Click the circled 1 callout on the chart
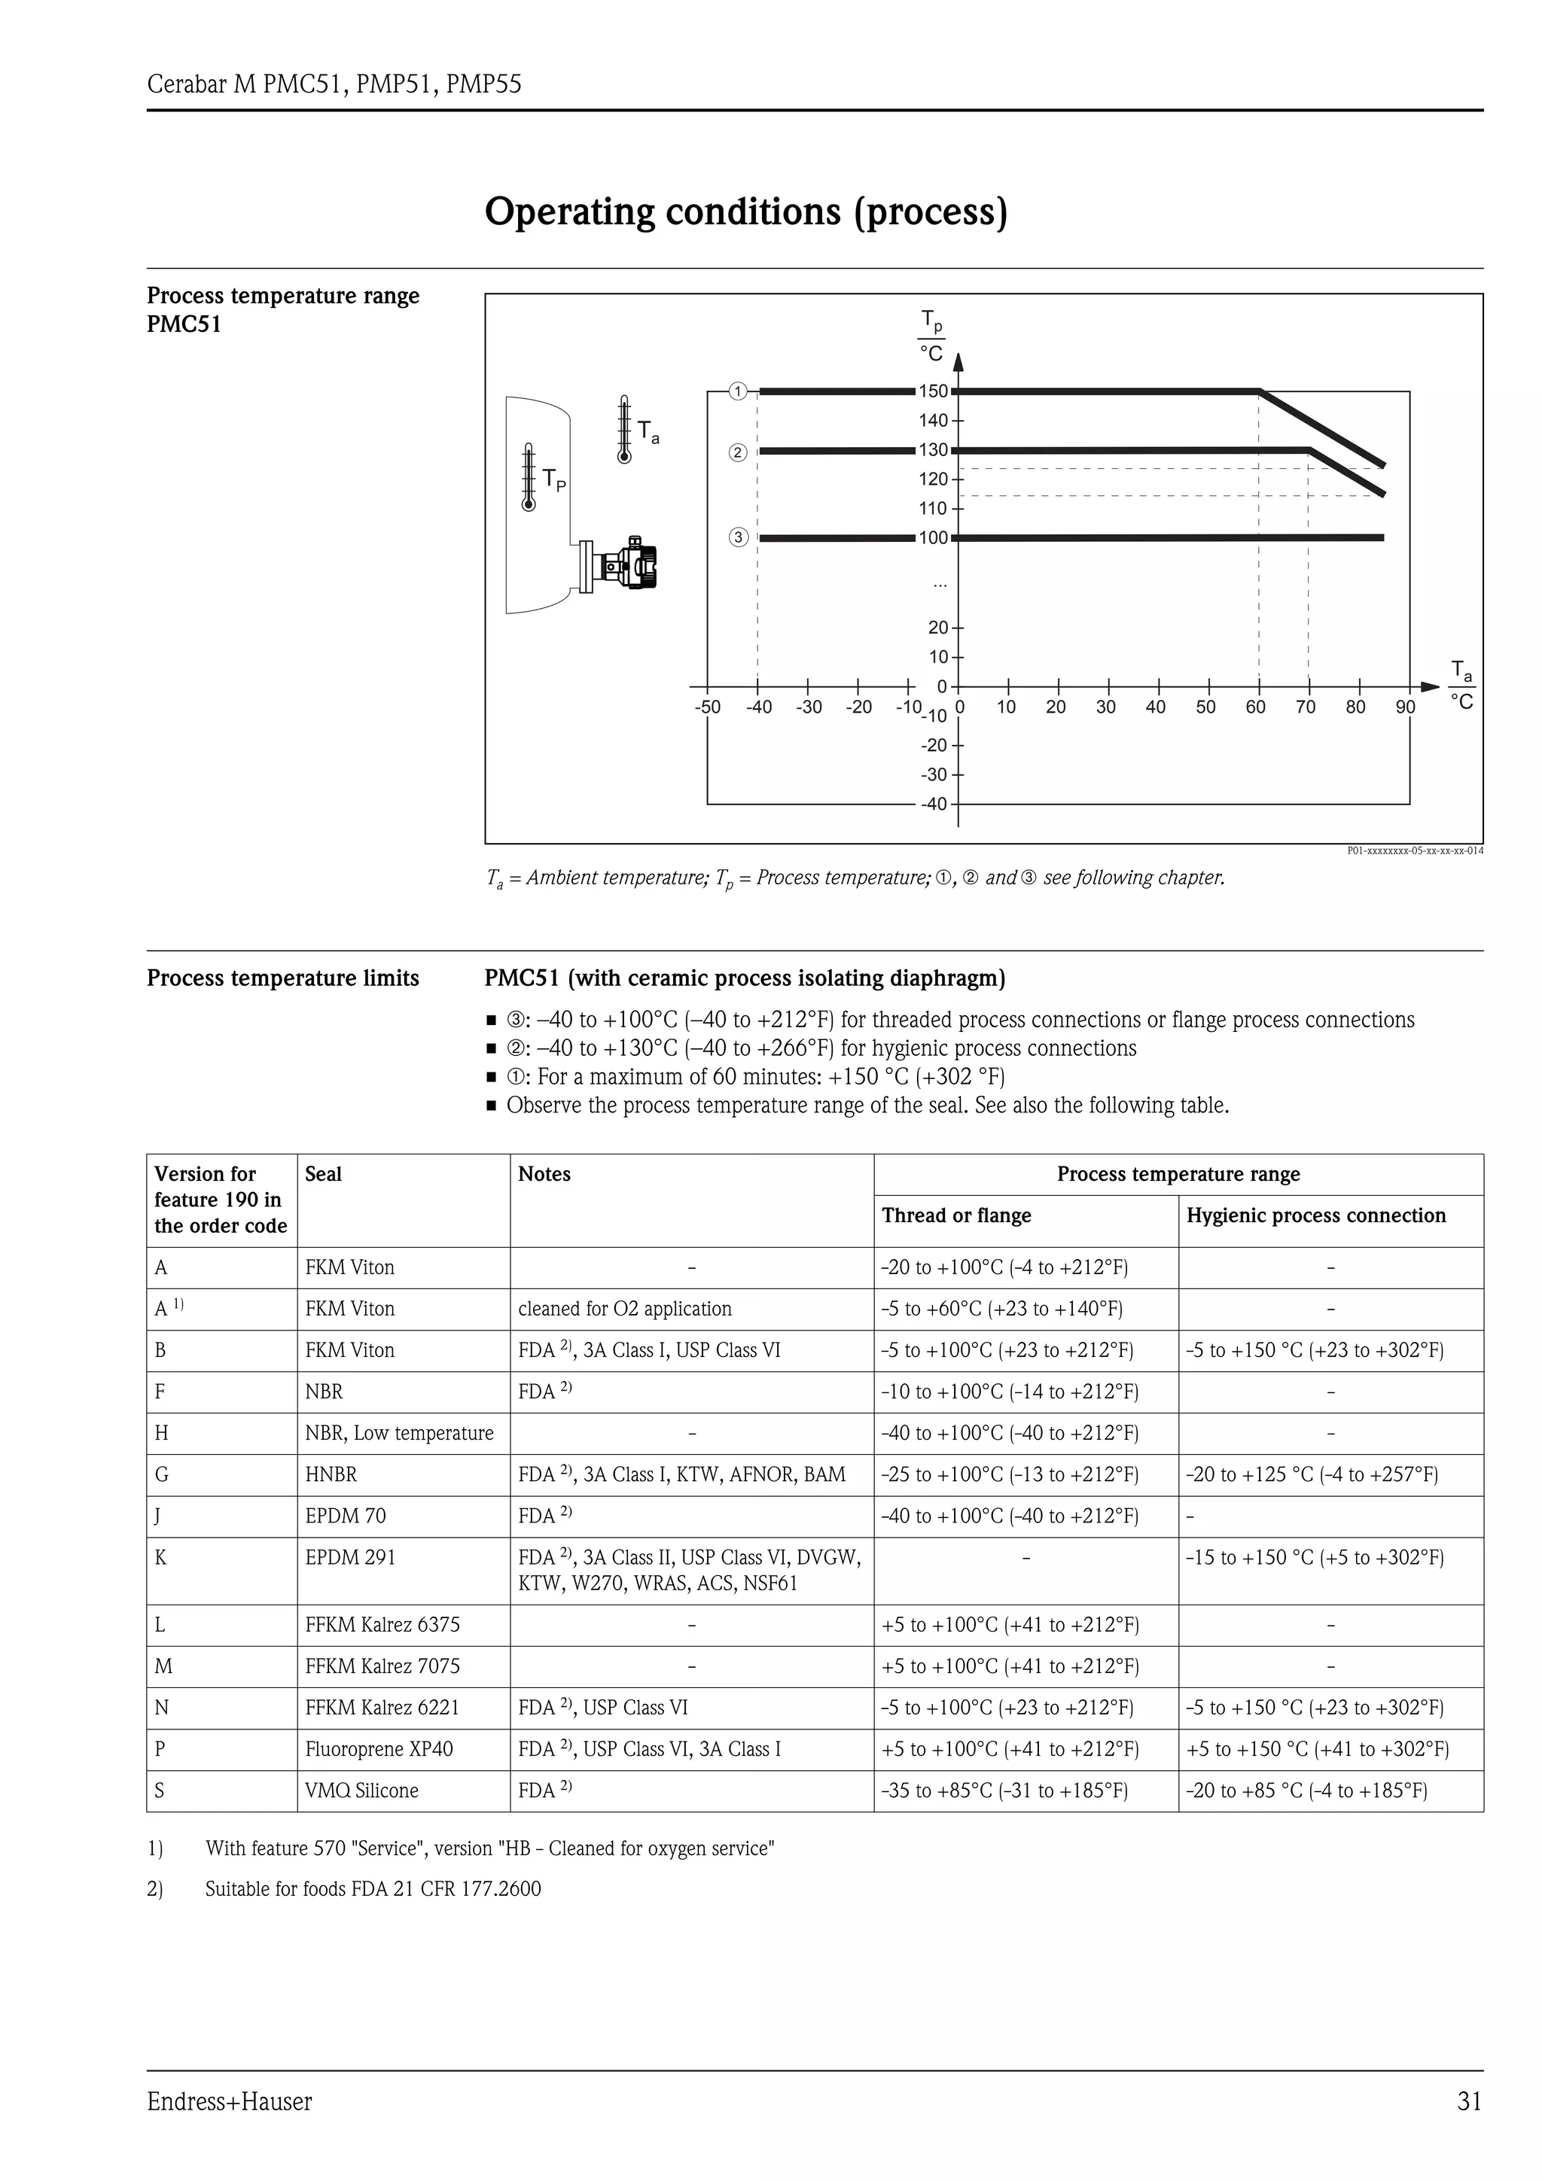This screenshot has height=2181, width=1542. pyautogui.click(x=737, y=391)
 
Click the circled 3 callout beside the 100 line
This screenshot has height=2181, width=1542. pyautogui.click(x=738, y=537)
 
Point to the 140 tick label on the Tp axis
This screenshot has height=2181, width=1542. pyautogui.click(x=933, y=421)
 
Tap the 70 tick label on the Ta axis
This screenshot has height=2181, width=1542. pyautogui.click(x=1306, y=707)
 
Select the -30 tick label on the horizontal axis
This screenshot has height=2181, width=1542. pyautogui.click(x=809, y=707)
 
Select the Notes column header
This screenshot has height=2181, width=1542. pyautogui.click(x=544, y=1174)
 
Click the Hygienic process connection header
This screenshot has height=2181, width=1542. pyautogui.click(x=1316, y=1216)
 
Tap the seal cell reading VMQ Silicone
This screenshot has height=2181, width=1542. pyautogui.click(x=361, y=1790)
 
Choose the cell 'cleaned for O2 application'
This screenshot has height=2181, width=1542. pyautogui.click(x=624, y=1309)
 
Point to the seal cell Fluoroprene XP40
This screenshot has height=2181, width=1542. pyautogui.click(x=379, y=1749)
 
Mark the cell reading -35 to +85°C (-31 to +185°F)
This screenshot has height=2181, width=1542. pyautogui.click(x=1004, y=1790)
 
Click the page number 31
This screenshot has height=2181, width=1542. pyautogui.click(x=1469, y=2102)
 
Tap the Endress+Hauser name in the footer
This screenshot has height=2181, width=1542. pyautogui.click(x=229, y=2102)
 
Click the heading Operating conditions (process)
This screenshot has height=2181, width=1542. pyautogui.click(x=746, y=211)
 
